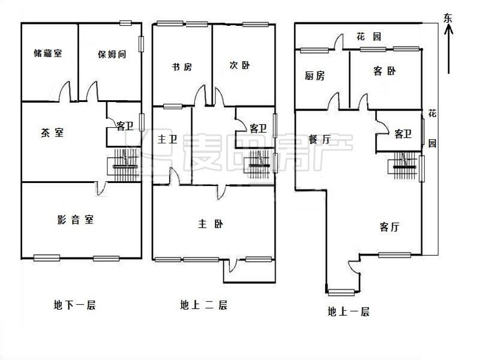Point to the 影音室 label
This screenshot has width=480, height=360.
pos(72,220)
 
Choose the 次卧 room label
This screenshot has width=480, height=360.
pos(239,65)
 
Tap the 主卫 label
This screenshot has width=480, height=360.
pos(167,140)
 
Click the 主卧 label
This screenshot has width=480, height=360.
pos(210,224)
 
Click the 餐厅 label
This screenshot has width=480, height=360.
pos(319,139)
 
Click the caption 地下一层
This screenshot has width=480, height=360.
pos(74,305)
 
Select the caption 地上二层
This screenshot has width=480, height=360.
pos(203,305)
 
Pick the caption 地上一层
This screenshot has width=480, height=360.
pos(348,311)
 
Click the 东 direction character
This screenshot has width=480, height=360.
pos(448,17)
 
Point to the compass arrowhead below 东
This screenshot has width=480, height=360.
pos(448,30)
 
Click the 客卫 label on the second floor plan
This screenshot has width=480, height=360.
pos(258,128)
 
